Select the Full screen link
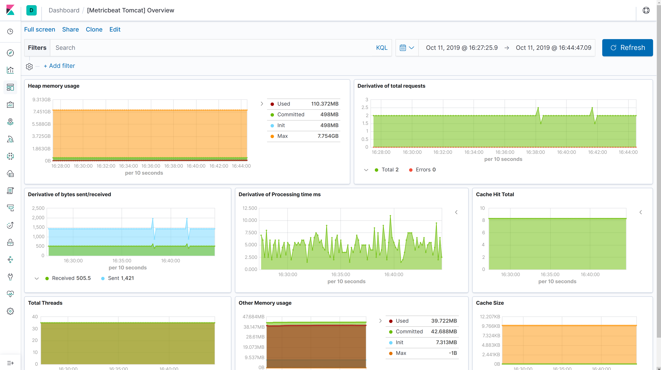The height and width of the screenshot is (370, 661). (x=39, y=29)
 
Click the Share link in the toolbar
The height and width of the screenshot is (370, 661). (x=70, y=29)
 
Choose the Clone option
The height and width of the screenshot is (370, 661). (x=94, y=29)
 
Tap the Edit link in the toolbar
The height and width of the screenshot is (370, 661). (x=115, y=29)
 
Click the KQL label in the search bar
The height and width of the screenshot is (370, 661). (x=382, y=48)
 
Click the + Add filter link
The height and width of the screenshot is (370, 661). (x=59, y=66)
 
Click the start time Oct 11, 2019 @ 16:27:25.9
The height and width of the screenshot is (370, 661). (x=462, y=48)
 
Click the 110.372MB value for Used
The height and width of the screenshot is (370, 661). (x=325, y=104)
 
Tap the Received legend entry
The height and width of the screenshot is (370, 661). (x=71, y=278)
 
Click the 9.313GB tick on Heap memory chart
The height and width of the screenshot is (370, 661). (x=41, y=100)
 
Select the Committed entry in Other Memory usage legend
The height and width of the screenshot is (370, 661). (x=409, y=332)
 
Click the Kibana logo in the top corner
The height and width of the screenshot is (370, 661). (x=10, y=10)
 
